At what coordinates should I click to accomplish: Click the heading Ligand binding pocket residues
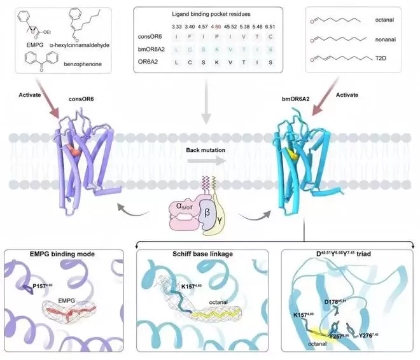[210, 13]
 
